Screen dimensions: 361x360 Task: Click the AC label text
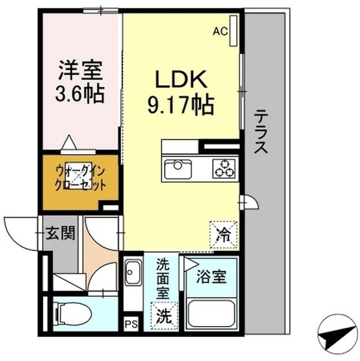pyautogui.click(x=220, y=32)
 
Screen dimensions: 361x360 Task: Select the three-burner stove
pyautogui.click(x=223, y=168)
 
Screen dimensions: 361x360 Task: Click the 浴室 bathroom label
pyautogui.click(x=211, y=277)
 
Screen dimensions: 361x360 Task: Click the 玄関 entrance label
pyautogui.click(x=61, y=232)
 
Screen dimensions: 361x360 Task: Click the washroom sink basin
pyautogui.click(x=132, y=275)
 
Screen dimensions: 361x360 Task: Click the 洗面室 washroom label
pyautogui.click(x=163, y=277)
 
